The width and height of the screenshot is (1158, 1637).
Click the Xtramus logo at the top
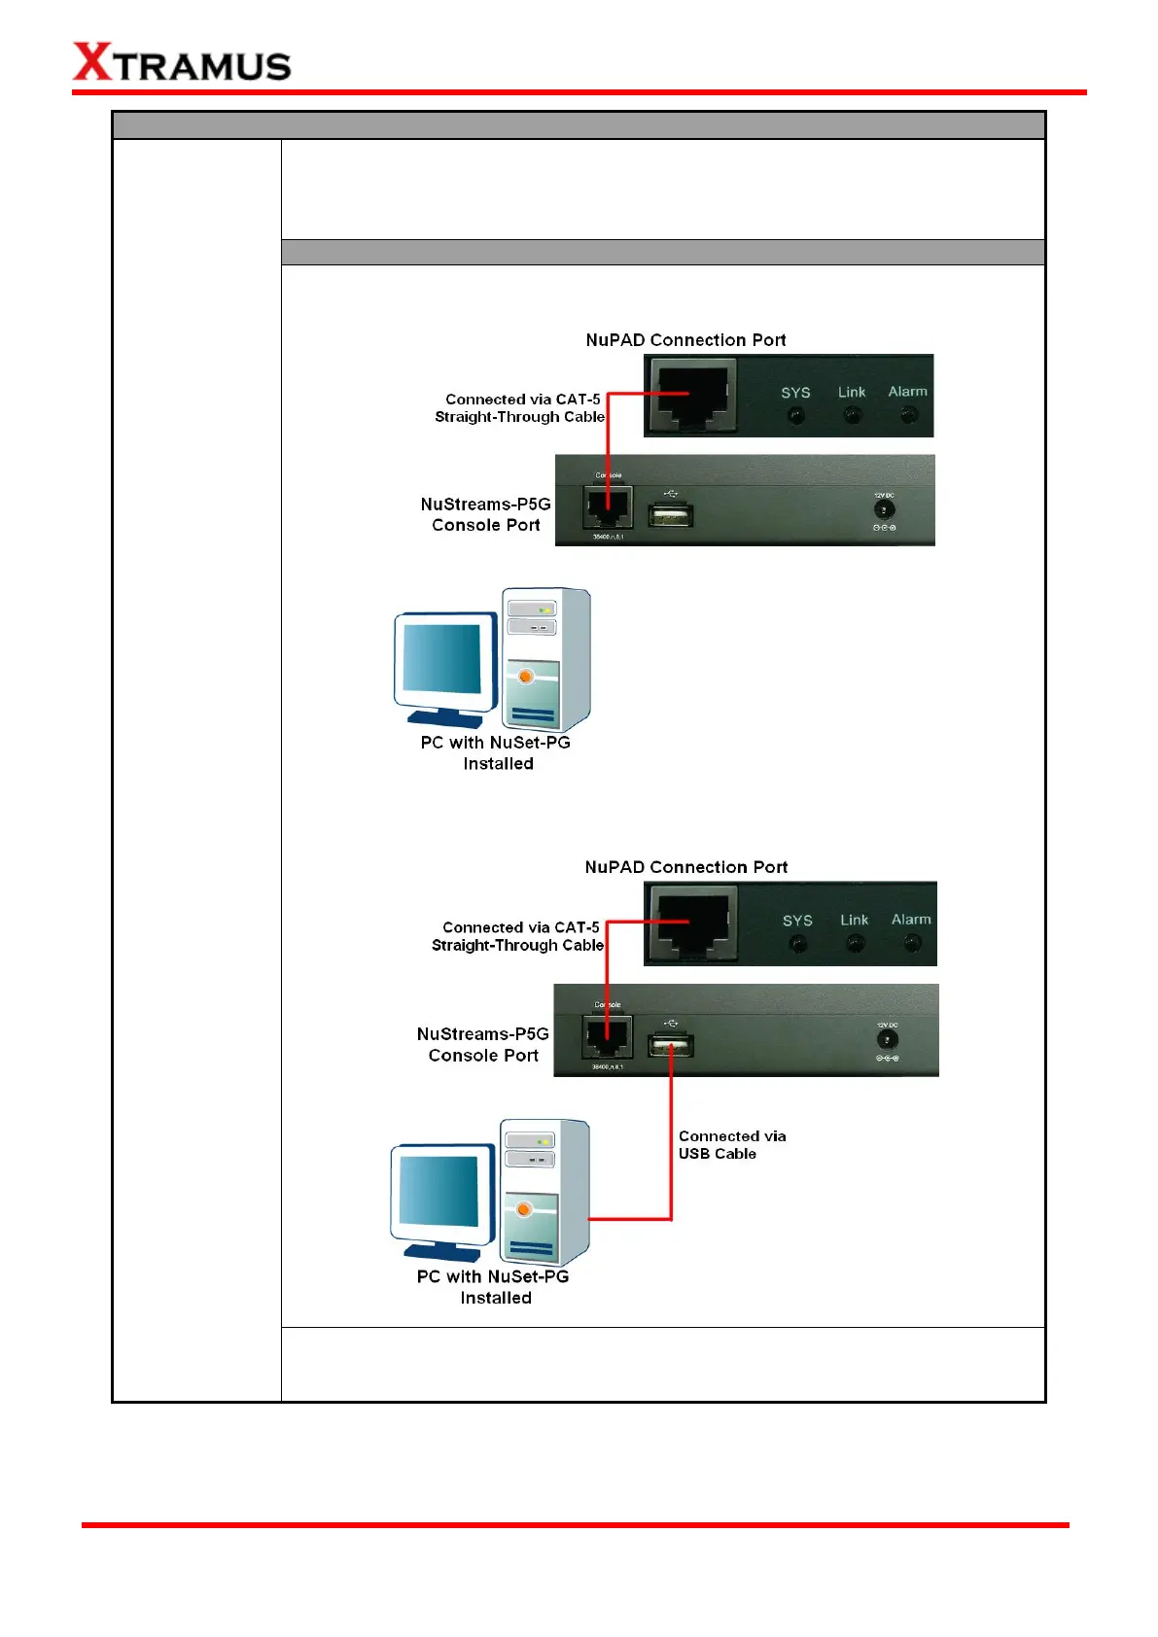pyautogui.click(x=182, y=63)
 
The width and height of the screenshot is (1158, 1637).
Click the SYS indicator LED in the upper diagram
pyautogui.click(x=796, y=416)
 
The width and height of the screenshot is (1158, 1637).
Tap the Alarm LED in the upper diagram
pyautogui.click(x=908, y=415)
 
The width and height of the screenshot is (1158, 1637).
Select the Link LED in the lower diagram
pyautogui.click(x=855, y=943)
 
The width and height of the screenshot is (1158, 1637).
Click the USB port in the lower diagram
pyautogui.click(x=671, y=1046)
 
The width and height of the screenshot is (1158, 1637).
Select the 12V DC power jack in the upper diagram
pyautogui.click(x=883, y=509)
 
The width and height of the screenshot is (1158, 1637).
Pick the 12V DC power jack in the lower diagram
pyautogui.click(x=886, y=1040)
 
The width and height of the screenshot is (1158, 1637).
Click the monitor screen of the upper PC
pyautogui.click(x=442, y=658)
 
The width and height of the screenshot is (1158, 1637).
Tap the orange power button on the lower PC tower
pyautogui.click(x=524, y=1209)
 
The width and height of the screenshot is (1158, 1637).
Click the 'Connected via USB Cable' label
pyautogui.click(x=731, y=1145)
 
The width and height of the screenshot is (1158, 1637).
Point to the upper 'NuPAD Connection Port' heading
pyautogui.click(x=685, y=340)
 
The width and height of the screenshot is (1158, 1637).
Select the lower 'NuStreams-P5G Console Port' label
pyautogui.click(x=483, y=1045)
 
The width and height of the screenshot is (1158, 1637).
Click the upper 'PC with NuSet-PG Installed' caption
pyautogui.click(x=496, y=753)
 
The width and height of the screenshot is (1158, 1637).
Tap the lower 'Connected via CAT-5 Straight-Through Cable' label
pyautogui.click(x=518, y=936)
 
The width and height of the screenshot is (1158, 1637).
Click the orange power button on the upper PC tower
pyautogui.click(x=526, y=676)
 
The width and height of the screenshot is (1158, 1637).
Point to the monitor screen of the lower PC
pyautogui.click(x=439, y=1191)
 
